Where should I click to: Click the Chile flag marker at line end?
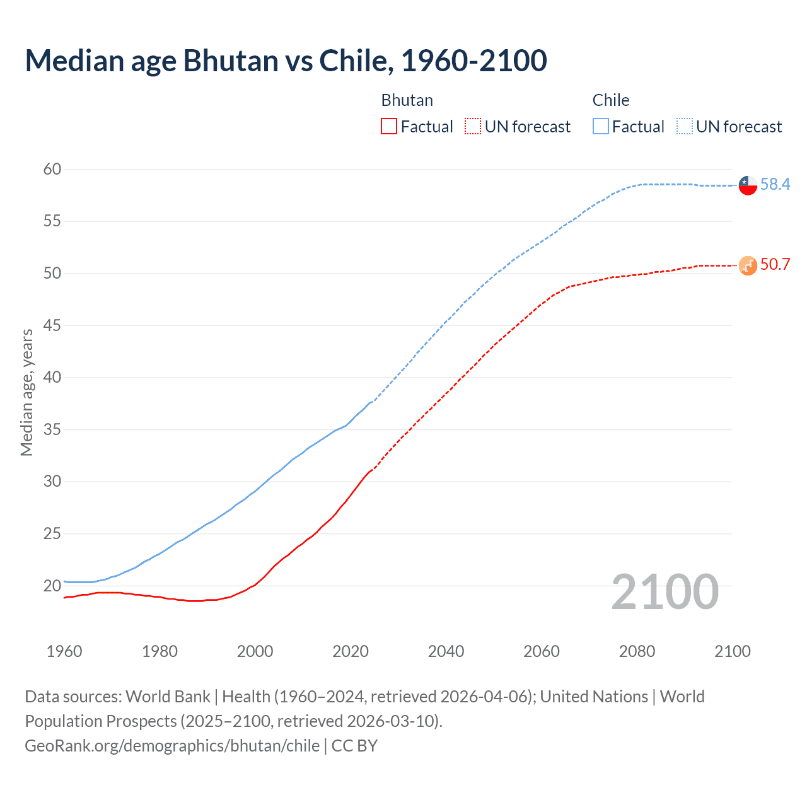748,185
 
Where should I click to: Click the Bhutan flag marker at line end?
748,265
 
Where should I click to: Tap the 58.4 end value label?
775,184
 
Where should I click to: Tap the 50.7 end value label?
775,264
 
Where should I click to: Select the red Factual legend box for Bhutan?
389,127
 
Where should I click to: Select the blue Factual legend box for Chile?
600,127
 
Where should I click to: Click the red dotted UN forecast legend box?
473,127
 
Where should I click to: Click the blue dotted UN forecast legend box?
684,127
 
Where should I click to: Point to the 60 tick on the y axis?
52,169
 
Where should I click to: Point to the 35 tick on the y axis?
52,429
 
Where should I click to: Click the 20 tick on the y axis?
52,586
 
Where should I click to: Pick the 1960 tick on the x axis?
64,651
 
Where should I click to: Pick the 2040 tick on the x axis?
446,651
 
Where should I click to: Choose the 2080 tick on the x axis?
637,651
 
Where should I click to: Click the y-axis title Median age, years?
26,392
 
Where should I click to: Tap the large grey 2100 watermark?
665,591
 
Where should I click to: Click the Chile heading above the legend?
610,100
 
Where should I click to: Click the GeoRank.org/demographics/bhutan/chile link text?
172,746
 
